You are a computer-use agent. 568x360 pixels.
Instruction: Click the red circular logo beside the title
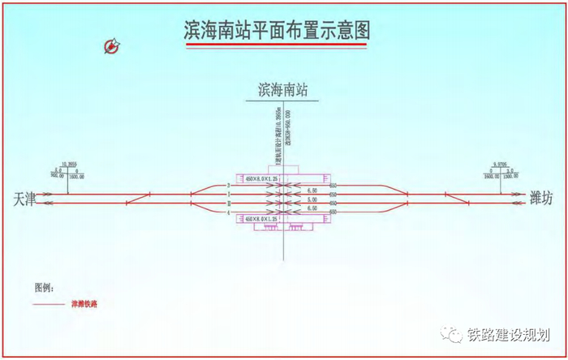(x=112, y=46)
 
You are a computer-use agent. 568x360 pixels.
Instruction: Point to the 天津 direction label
(x=25, y=199)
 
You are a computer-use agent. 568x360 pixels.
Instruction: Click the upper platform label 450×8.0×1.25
(x=257, y=178)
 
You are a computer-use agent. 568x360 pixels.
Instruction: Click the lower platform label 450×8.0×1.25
(x=257, y=219)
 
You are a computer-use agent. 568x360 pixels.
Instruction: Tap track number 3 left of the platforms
(x=229, y=186)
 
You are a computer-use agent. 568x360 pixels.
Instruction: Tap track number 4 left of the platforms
(x=229, y=212)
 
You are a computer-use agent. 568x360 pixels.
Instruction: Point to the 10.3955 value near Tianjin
(x=68, y=164)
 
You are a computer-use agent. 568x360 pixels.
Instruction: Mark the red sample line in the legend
(x=50, y=304)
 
